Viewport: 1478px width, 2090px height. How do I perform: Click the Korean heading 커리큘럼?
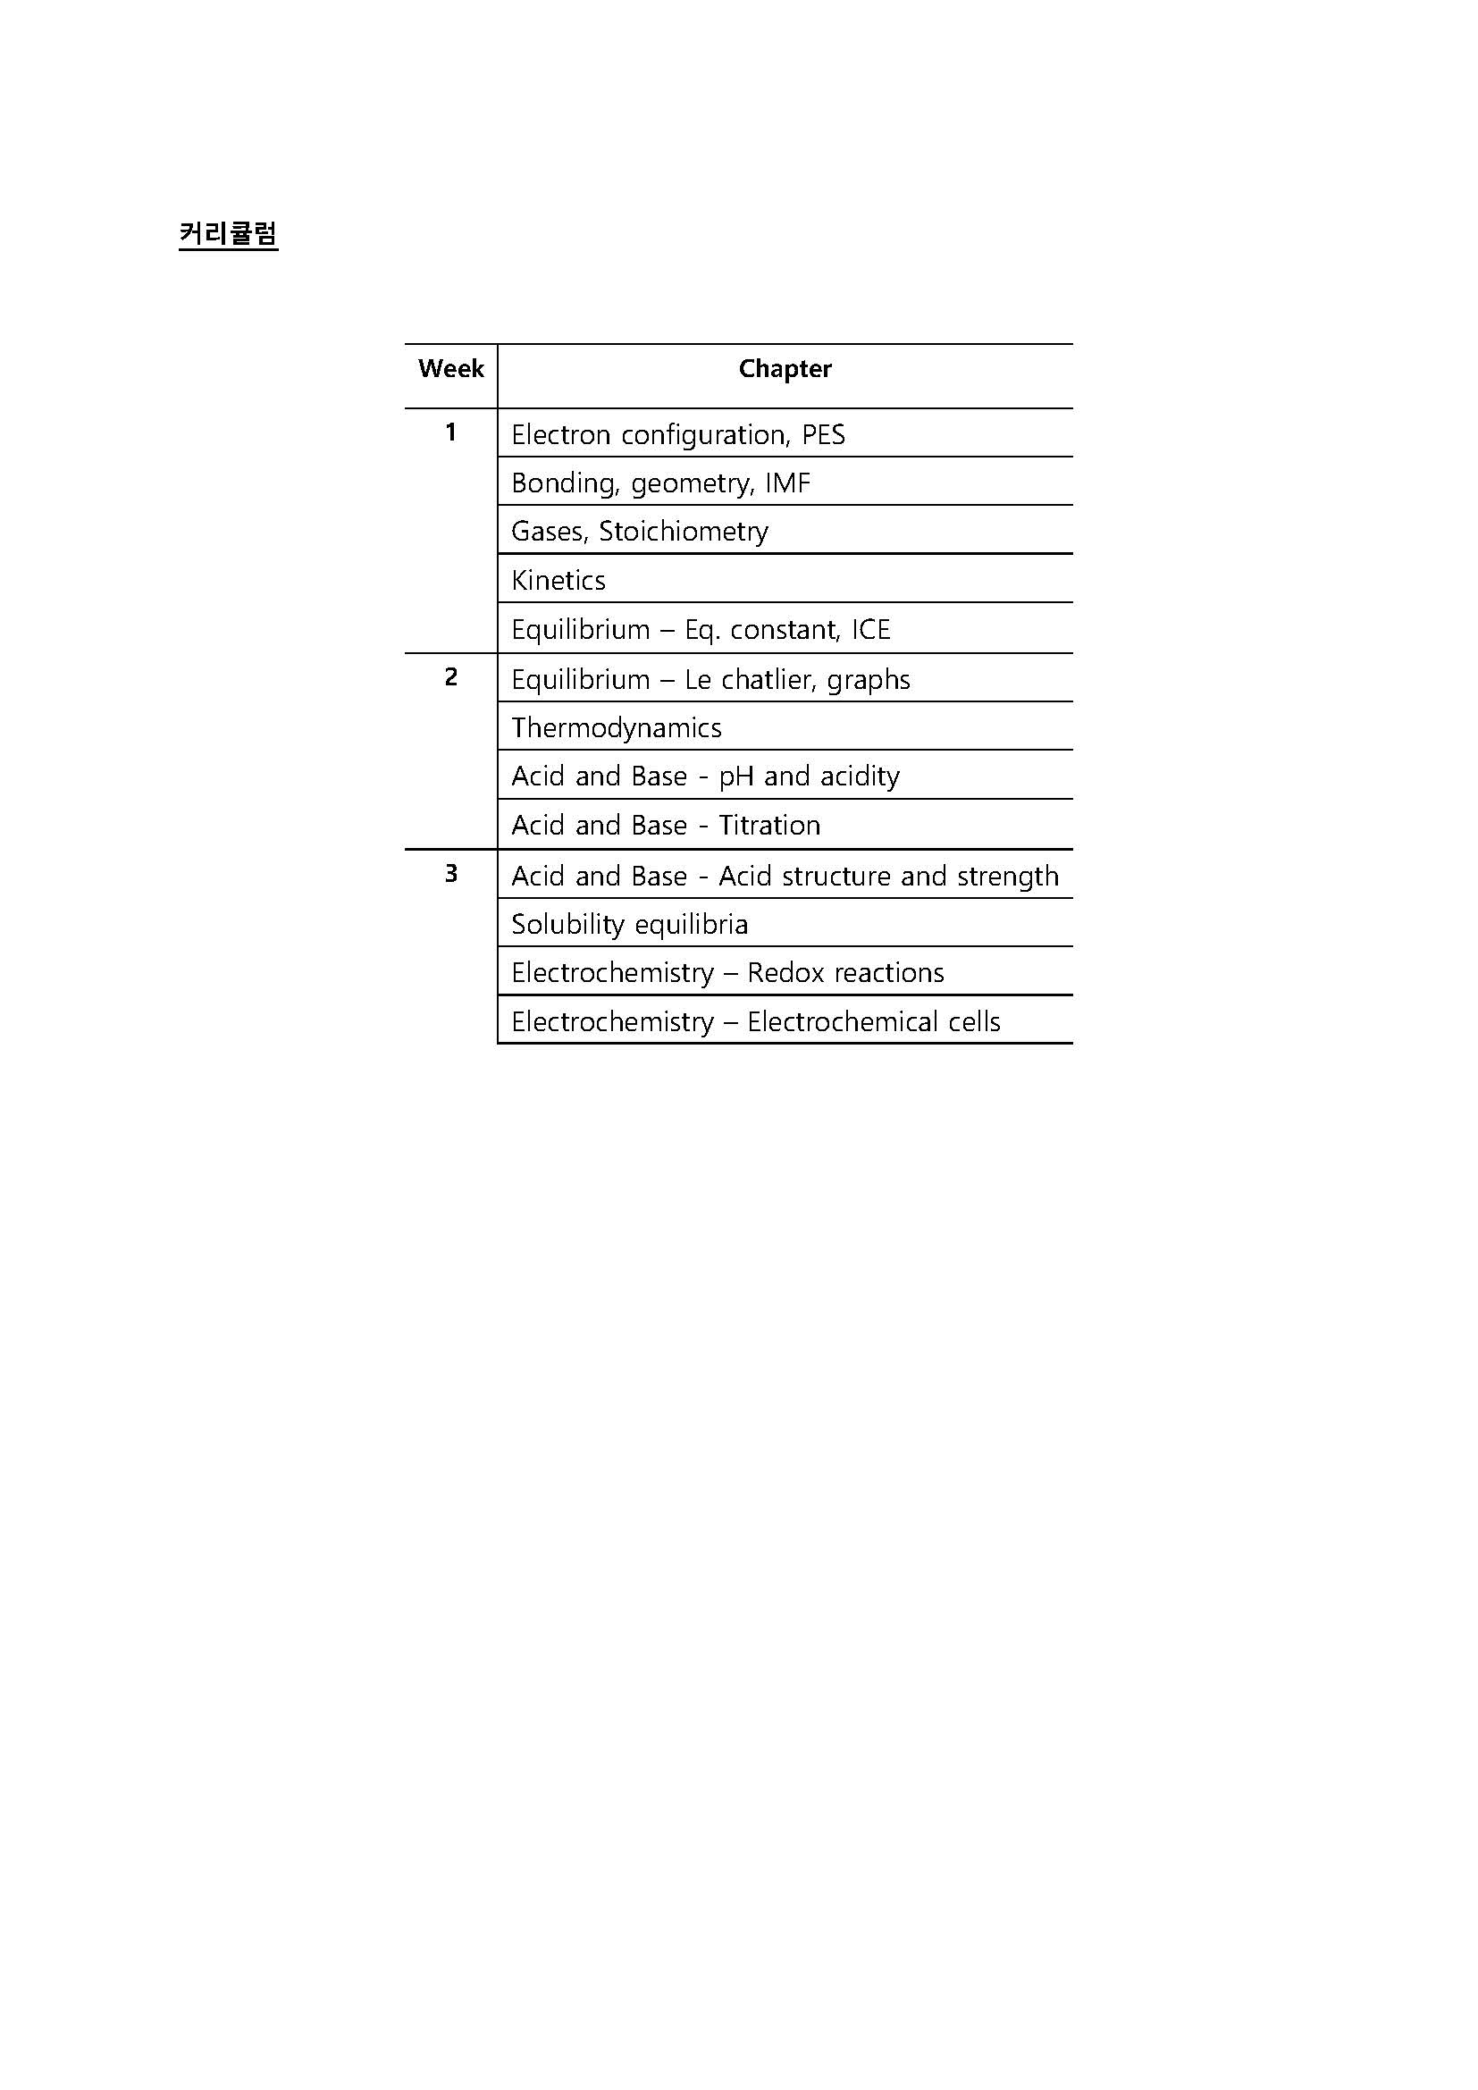click(228, 234)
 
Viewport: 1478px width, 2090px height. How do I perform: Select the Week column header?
click(450, 369)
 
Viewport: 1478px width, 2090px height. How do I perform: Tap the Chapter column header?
click(785, 369)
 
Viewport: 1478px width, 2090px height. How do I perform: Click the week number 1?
click(450, 432)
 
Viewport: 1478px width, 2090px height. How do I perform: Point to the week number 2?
click(450, 677)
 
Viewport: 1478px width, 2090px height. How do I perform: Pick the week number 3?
click(450, 874)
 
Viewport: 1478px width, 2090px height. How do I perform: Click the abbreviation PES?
click(823, 435)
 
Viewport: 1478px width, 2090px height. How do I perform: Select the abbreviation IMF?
click(786, 483)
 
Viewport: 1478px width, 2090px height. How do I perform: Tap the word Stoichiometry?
click(683, 532)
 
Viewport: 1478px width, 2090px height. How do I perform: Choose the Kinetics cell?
click(558, 581)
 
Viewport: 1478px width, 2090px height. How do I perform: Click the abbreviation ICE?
click(870, 630)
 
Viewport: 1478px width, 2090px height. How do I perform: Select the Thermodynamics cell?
click(617, 728)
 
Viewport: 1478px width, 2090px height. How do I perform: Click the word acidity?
click(858, 776)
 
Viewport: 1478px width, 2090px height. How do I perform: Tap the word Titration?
click(769, 826)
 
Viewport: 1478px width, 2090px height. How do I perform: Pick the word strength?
click(1007, 877)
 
